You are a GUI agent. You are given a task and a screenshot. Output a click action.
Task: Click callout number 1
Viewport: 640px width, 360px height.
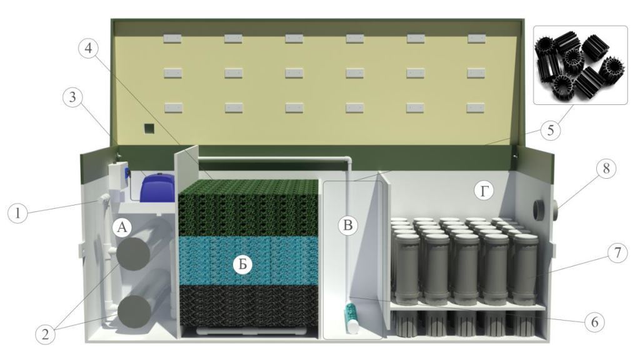click(x=17, y=213)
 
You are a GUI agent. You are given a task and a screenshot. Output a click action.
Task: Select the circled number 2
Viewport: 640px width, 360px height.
click(x=45, y=334)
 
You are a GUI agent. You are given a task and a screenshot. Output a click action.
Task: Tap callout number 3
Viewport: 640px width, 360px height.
click(x=72, y=98)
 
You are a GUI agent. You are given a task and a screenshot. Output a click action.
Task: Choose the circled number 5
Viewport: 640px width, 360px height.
click(x=551, y=131)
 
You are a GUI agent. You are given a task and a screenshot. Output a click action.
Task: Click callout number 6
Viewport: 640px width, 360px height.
click(x=594, y=322)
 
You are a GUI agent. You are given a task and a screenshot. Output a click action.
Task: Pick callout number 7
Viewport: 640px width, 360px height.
click(x=617, y=253)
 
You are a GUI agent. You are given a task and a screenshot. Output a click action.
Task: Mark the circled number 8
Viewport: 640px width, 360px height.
click(x=606, y=168)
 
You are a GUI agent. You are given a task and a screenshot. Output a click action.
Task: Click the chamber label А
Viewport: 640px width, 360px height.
click(x=122, y=227)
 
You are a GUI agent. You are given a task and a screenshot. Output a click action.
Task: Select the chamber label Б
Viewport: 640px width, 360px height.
click(x=243, y=265)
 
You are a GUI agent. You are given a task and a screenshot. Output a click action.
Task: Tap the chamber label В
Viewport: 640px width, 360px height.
click(x=347, y=225)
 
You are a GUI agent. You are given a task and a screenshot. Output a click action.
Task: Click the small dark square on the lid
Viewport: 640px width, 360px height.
click(x=149, y=129)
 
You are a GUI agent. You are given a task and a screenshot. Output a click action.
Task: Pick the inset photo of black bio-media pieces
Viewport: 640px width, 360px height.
click(x=581, y=65)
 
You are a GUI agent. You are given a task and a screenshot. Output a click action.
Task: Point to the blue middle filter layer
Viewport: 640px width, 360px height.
click(x=248, y=261)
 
